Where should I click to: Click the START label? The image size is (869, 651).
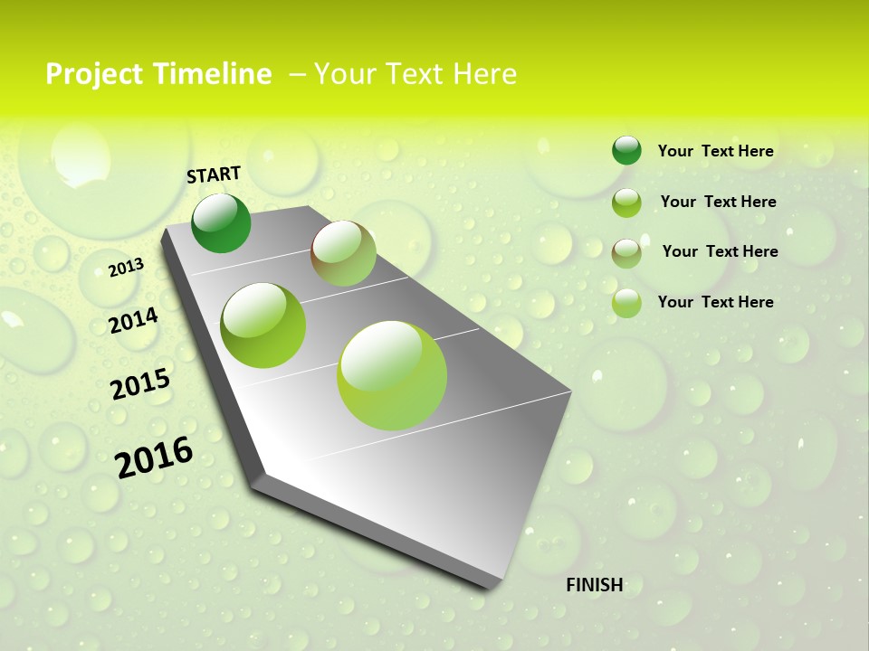(x=214, y=175)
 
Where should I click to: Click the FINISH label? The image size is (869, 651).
(x=595, y=585)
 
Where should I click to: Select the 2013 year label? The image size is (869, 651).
(x=126, y=268)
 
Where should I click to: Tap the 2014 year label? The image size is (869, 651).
(x=133, y=320)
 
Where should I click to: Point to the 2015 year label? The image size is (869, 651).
(x=140, y=384)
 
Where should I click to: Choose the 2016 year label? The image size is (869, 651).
(x=154, y=457)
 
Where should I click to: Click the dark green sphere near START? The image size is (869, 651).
(x=221, y=222)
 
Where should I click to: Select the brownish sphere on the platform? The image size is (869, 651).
(x=343, y=253)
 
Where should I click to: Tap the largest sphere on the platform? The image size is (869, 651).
(x=392, y=375)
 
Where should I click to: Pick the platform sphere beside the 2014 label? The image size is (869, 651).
(x=263, y=325)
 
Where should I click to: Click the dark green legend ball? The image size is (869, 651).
(x=626, y=151)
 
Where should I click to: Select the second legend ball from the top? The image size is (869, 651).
(x=626, y=203)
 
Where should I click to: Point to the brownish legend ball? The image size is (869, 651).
(x=626, y=253)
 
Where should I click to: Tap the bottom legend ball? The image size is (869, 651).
(x=626, y=303)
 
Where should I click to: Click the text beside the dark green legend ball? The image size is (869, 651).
(x=715, y=152)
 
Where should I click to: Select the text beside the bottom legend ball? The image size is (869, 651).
(x=715, y=302)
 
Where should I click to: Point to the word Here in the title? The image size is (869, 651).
(x=483, y=74)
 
